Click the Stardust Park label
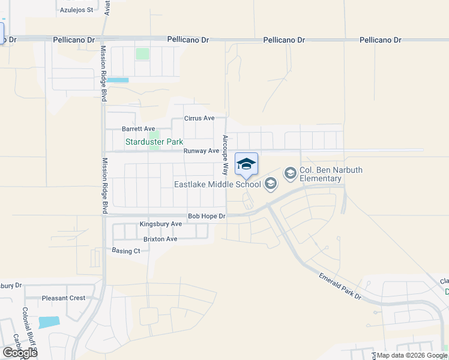[x=154, y=142]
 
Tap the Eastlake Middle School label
[x=217, y=184]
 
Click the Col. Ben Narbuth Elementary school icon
[x=291, y=174]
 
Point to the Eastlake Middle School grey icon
[x=270, y=184]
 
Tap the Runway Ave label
[x=201, y=151]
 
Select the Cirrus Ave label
[x=199, y=119]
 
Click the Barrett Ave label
[x=139, y=129]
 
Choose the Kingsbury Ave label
[x=160, y=224]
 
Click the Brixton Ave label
[x=156, y=239]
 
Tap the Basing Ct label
[x=126, y=251]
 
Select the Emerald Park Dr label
[x=340, y=286]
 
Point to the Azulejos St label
[x=77, y=10]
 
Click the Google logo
[x=20, y=353]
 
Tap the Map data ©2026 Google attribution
[x=411, y=355]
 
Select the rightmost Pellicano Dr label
[x=380, y=40]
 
